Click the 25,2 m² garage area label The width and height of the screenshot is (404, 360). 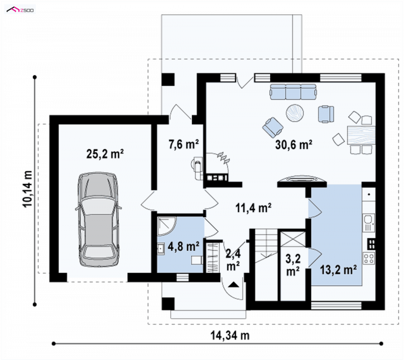105,154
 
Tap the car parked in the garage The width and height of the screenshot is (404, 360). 98,219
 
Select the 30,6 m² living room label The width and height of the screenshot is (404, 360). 294,144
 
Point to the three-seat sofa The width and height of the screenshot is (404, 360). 293,92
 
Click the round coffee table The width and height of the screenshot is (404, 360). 295,113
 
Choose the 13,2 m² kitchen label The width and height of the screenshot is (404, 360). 338,270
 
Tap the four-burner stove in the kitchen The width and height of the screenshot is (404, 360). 369,259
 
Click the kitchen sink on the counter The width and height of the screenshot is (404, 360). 369,223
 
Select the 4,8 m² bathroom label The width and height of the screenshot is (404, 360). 183,246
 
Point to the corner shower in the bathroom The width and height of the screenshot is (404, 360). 167,226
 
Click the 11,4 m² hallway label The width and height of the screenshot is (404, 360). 254,208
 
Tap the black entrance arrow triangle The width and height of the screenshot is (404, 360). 233,284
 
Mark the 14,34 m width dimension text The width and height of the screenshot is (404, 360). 230,336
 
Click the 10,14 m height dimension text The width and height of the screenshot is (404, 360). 28,189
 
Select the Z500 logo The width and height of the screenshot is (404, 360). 20,10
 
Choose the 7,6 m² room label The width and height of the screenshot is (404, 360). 183,144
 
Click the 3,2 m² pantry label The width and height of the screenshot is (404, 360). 293,265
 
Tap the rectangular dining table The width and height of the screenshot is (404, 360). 361,135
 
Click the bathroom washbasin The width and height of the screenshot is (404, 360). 161,248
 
